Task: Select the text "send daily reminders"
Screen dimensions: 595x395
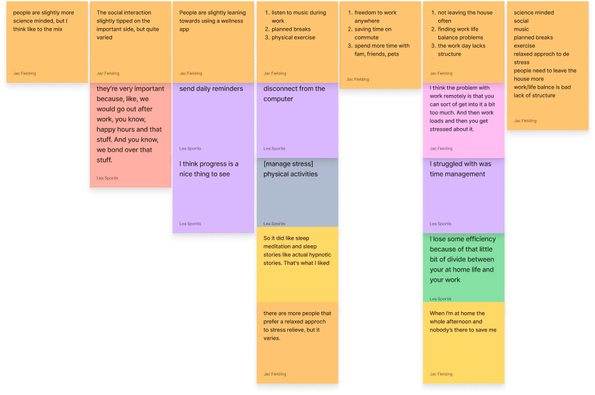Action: click(x=211, y=89)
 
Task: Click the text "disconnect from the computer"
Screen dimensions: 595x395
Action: click(x=294, y=94)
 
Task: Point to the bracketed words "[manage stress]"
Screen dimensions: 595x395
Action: click(x=288, y=164)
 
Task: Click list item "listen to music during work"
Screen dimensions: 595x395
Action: click(x=298, y=17)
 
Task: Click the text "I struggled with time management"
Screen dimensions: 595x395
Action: click(x=461, y=169)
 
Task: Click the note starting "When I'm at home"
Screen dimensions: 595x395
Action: click(x=462, y=322)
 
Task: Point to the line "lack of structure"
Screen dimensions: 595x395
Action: click(x=534, y=96)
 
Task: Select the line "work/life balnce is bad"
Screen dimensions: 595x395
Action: click(x=542, y=87)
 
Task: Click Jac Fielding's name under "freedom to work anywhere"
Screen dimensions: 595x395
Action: click(x=357, y=80)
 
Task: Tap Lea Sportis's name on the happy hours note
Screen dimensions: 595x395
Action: click(x=107, y=178)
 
